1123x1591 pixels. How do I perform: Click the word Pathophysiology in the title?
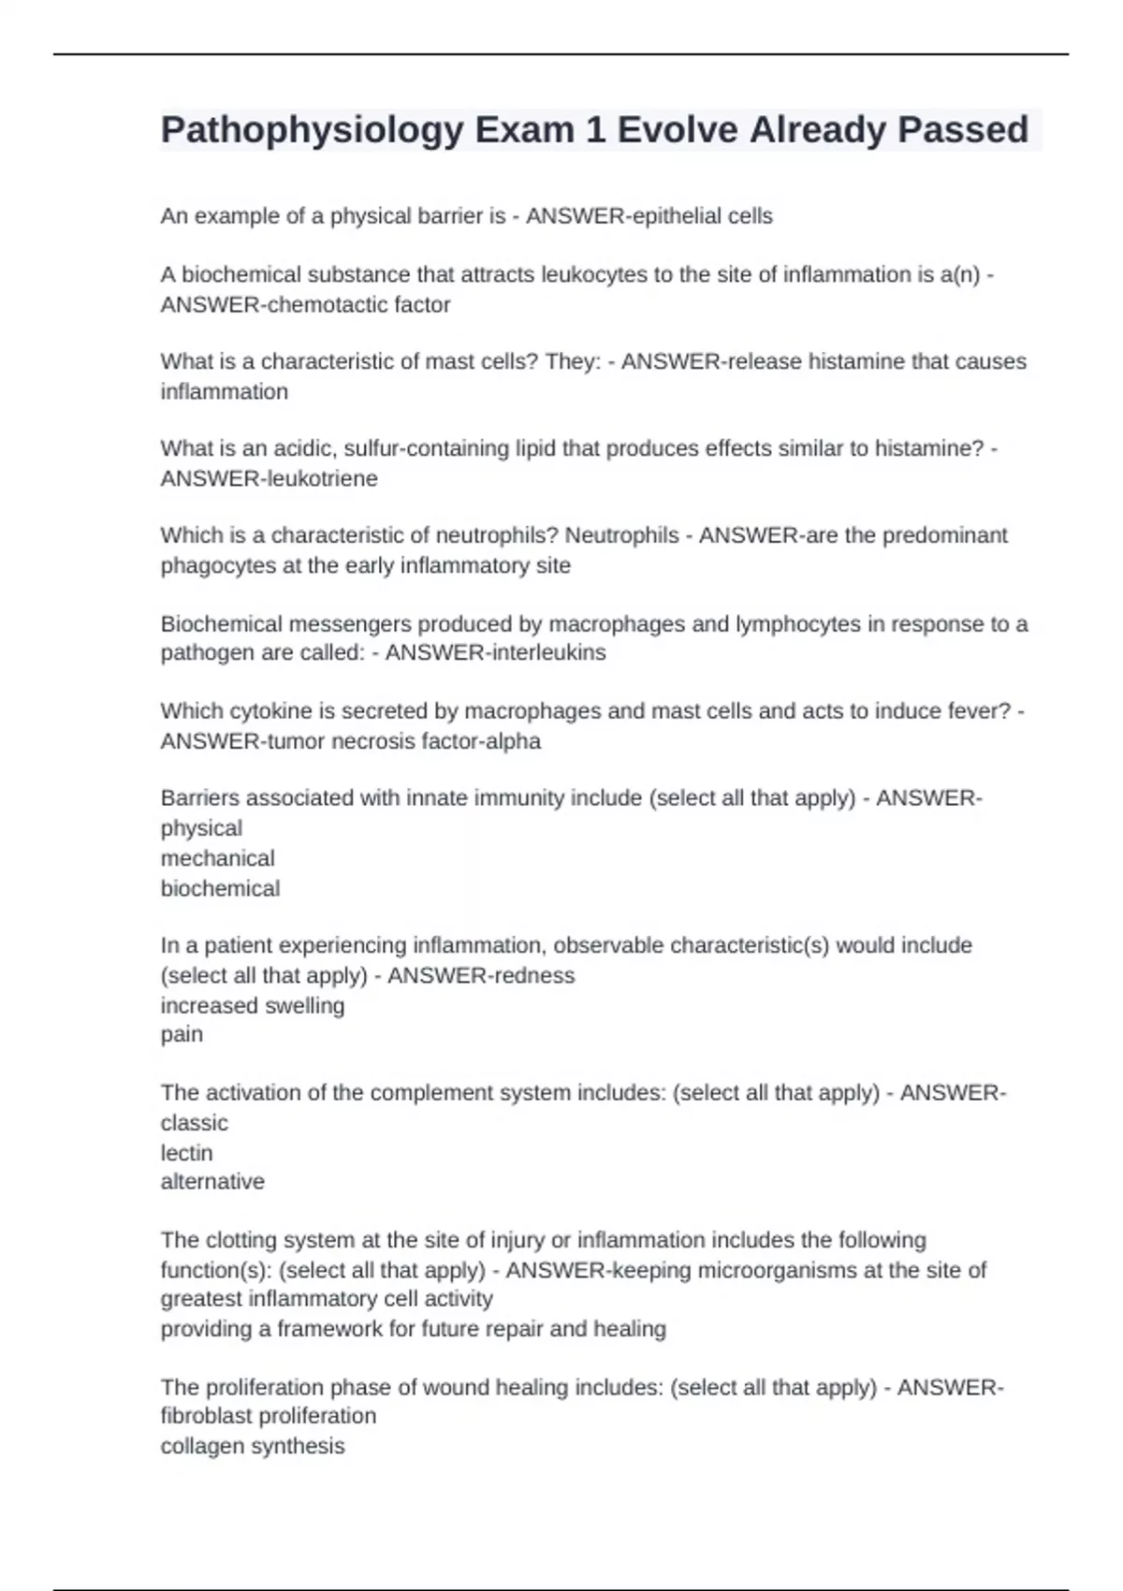click(312, 130)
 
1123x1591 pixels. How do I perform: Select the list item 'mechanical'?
click(217, 858)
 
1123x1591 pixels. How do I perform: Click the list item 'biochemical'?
click(220, 888)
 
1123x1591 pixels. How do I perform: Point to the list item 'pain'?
click(182, 1034)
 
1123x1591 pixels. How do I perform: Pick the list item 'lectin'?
click(186, 1152)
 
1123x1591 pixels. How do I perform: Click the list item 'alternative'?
click(212, 1181)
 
